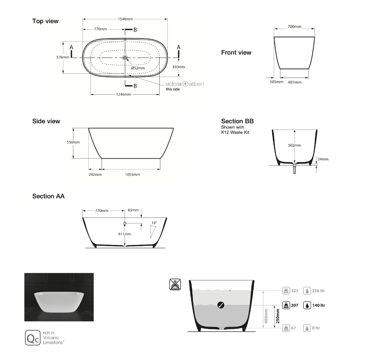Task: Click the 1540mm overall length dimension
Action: pos(125,19)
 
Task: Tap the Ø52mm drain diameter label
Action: pos(138,68)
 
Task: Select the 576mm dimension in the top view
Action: pos(63,57)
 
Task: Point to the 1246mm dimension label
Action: pos(124,94)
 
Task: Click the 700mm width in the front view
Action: pos(294,27)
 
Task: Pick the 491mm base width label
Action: pos(295,82)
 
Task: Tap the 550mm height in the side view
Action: pos(73,142)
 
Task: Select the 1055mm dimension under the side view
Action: pos(132,174)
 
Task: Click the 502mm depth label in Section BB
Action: pos(294,145)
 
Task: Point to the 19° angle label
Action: pos(154,223)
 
